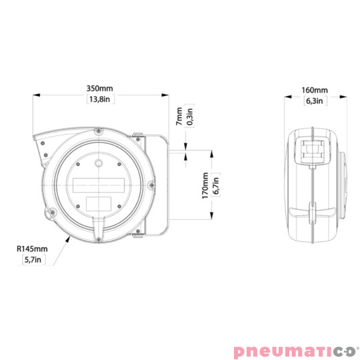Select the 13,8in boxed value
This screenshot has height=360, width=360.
click(x=99, y=100)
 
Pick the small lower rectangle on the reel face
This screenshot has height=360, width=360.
click(x=98, y=202)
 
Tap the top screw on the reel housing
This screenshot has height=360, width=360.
click(x=98, y=130)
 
